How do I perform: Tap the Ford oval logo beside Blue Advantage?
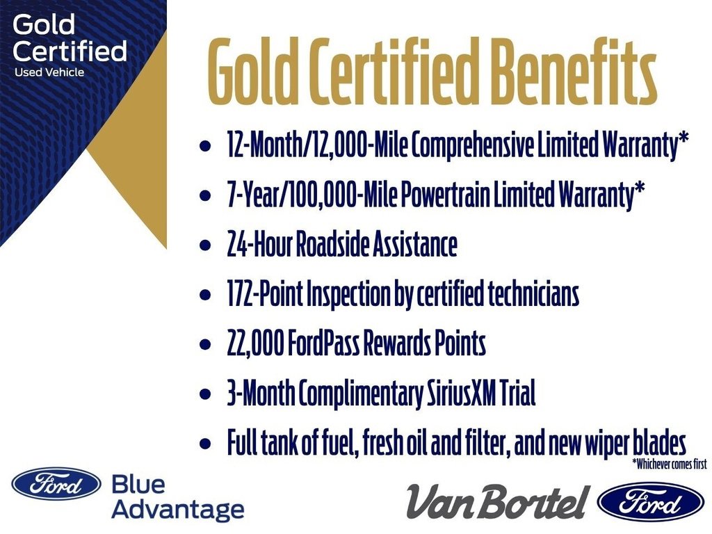56,483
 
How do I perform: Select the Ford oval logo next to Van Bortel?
650,502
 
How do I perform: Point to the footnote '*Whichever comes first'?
669,464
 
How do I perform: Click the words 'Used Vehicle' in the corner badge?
49,72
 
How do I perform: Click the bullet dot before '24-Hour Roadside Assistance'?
204,246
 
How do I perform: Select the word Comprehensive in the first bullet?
473,146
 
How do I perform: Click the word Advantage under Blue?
177,510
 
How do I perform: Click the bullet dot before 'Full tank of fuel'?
204,444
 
